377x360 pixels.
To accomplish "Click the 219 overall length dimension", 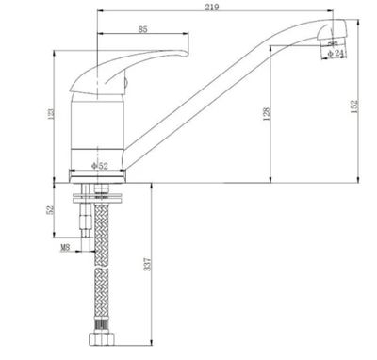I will click(x=217, y=8).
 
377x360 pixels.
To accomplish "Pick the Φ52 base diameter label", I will click(x=99, y=167).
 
